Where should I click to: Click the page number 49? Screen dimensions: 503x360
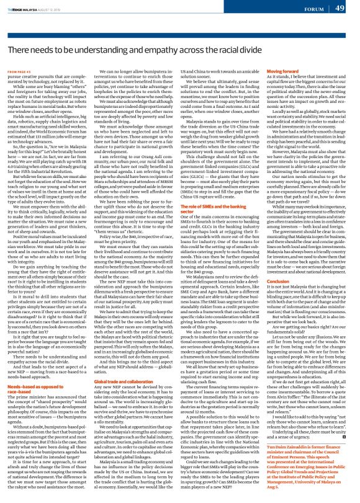pos(347,7)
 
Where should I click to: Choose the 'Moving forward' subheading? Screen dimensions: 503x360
pos(290,71)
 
